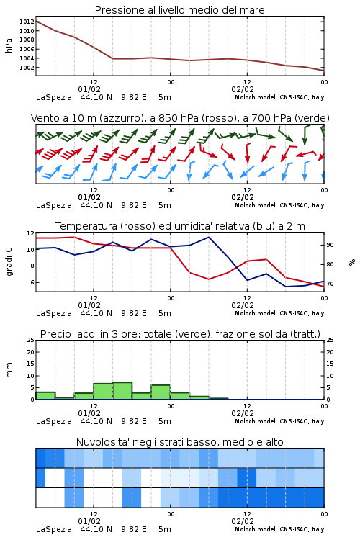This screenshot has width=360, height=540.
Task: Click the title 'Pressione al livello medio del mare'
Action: (x=179, y=10)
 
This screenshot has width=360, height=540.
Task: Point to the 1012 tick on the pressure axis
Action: (x=27, y=22)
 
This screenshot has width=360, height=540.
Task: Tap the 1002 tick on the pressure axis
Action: (x=27, y=68)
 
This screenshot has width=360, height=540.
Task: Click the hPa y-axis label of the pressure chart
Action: (x=9, y=45)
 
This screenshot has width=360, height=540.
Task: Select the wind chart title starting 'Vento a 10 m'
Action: (x=180, y=118)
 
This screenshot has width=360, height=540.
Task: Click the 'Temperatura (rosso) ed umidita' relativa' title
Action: (x=180, y=226)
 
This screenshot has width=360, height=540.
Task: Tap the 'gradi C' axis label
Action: (x=9, y=262)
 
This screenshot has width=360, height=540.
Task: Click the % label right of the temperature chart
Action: (x=352, y=262)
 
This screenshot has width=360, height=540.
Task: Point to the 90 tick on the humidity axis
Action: (x=330, y=245)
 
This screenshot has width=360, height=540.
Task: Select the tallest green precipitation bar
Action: (x=122, y=391)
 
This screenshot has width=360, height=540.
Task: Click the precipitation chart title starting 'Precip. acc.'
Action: (x=180, y=334)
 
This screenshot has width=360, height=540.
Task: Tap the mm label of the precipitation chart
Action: (x=9, y=370)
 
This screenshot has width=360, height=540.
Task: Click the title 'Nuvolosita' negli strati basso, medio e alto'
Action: (x=180, y=442)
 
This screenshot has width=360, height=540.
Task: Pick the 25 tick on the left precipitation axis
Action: (x=31, y=340)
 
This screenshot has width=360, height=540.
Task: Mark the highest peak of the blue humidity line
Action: (x=208, y=237)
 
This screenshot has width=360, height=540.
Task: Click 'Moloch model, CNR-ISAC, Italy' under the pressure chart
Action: (x=279, y=97)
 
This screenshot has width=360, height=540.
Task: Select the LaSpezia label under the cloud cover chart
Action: (x=54, y=529)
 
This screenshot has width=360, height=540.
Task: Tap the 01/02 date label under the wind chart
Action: (x=89, y=197)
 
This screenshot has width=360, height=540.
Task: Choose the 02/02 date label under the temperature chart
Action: (x=243, y=305)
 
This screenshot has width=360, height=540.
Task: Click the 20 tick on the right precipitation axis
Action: (x=330, y=352)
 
